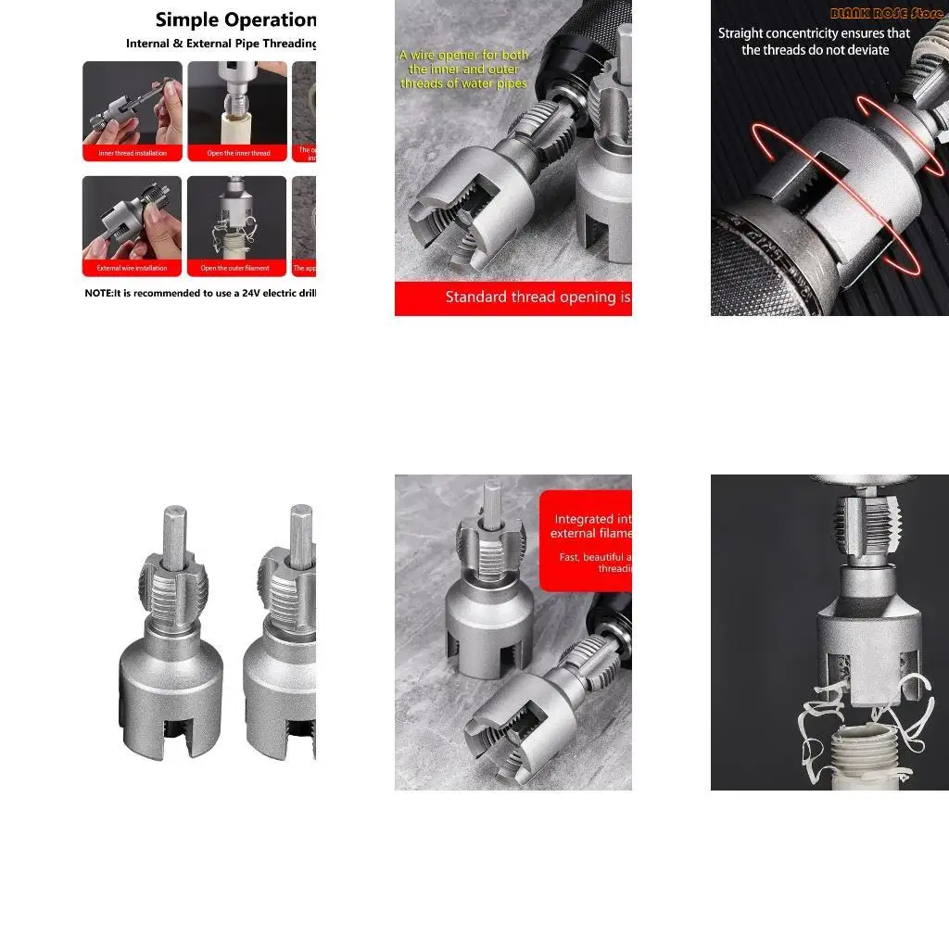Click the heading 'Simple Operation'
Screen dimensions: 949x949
(x=235, y=19)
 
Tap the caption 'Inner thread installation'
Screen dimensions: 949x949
(x=133, y=153)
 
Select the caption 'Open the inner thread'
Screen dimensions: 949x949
(x=238, y=153)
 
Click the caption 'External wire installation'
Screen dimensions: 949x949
(x=133, y=268)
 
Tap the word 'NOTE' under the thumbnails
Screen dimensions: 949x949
(x=98, y=293)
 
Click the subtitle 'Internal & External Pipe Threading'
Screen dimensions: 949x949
(x=221, y=44)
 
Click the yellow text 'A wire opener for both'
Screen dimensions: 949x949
(x=464, y=55)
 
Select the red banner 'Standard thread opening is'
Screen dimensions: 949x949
(x=530, y=297)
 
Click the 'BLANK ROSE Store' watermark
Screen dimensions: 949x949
(x=887, y=14)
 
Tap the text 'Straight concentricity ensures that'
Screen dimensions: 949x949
(x=815, y=33)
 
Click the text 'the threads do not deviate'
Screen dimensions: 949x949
(x=815, y=49)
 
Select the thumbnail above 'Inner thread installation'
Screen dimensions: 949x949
(x=133, y=103)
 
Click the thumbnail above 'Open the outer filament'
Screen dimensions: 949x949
(x=236, y=219)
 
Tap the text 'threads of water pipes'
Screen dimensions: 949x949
(x=463, y=83)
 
